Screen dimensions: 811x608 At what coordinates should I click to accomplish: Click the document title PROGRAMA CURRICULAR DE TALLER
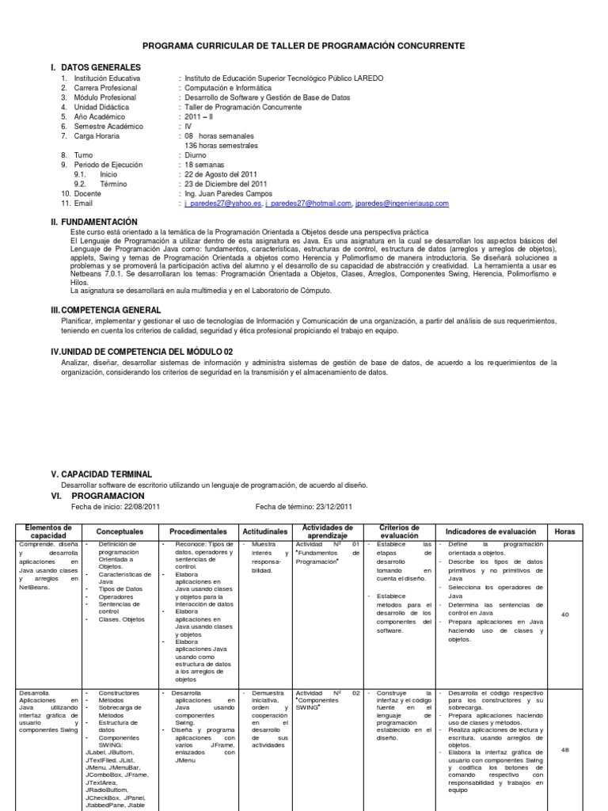pyautogui.click(x=303, y=47)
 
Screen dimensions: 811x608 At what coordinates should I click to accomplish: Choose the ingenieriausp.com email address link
pyautogui.click(x=401, y=204)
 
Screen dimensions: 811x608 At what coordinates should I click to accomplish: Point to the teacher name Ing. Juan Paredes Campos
pyautogui.click(x=228, y=193)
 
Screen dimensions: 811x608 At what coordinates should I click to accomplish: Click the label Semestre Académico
pyautogui.click(x=109, y=127)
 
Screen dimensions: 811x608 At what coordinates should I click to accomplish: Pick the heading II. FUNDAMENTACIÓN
pyautogui.click(x=94, y=222)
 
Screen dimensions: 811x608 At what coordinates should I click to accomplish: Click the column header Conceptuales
pyautogui.click(x=120, y=531)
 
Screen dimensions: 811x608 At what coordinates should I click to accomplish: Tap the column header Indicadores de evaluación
pyautogui.click(x=491, y=531)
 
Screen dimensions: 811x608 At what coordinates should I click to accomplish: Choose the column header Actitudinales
pyautogui.click(x=263, y=531)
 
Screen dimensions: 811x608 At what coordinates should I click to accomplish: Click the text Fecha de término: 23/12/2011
pyautogui.click(x=304, y=507)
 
